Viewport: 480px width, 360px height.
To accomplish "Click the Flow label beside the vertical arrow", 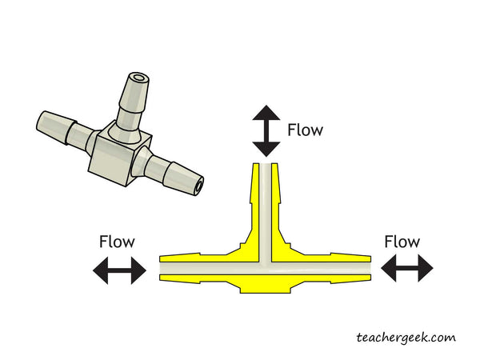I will pyautogui.click(x=306, y=130).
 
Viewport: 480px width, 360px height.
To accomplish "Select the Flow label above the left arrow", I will pyautogui.click(x=117, y=241).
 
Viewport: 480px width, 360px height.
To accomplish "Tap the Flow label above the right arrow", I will pyautogui.click(x=402, y=241).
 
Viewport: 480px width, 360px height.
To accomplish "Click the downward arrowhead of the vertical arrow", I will pyautogui.click(x=266, y=148).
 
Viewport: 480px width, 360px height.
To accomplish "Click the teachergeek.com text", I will pyautogui.click(x=406, y=337).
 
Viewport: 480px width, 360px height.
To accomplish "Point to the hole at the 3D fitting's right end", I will pyautogui.click(x=198, y=189).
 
